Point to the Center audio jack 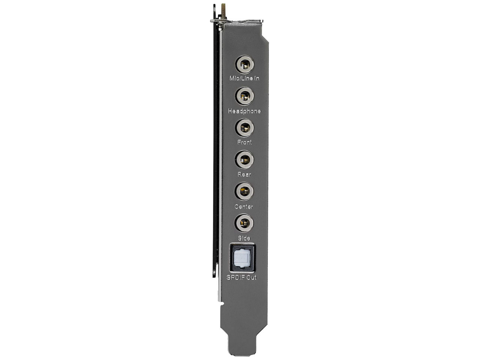click(x=244, y=192)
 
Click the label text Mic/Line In click(x=244, y=78)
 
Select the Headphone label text click(x=244, y=111)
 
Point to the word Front click(x=244, y=142)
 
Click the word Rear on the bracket click(x=244, y=174)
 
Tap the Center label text click(x=244, y=207)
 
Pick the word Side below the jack click(x=244, y=238)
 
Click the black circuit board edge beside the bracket click(x=215, y=150)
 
